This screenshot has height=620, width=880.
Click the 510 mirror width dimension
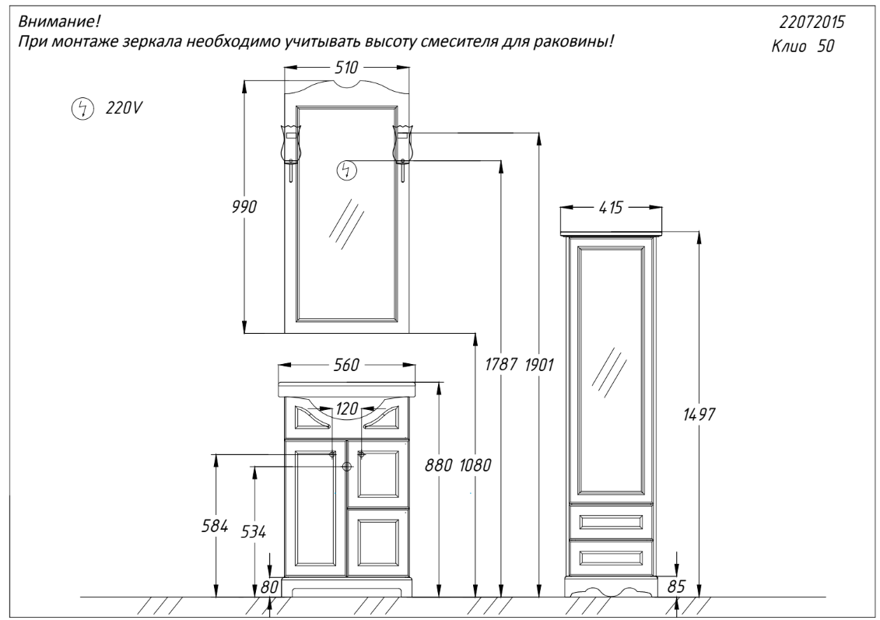pos(346,68)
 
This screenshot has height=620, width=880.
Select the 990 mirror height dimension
pos(244,207)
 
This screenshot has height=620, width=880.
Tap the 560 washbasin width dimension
pos(347,366)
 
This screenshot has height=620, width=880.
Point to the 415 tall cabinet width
pos(611,208)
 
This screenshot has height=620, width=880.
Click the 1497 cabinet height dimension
pos(699,415)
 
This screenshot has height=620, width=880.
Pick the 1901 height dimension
pos(539,366)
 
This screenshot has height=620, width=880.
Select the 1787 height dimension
pos(501,366)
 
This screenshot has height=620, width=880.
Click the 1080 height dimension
pos(475,465)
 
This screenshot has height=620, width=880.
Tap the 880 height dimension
pos(438,465)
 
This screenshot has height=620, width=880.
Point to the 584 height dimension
pos(215,527)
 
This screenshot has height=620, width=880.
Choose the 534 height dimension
pos(254,531)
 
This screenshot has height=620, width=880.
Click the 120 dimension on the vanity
pos(347,409)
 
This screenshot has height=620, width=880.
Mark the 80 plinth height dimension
pos(270,587)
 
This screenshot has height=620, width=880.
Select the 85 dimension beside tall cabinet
pos(677,587)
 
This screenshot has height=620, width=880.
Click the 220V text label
pos(124,107)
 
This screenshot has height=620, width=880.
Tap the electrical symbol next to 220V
pos(82,109)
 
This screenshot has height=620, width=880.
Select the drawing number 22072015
pos(812,22)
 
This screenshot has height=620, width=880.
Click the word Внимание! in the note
pos(59,22)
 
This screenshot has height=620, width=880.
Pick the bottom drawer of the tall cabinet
pos(611,556)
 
